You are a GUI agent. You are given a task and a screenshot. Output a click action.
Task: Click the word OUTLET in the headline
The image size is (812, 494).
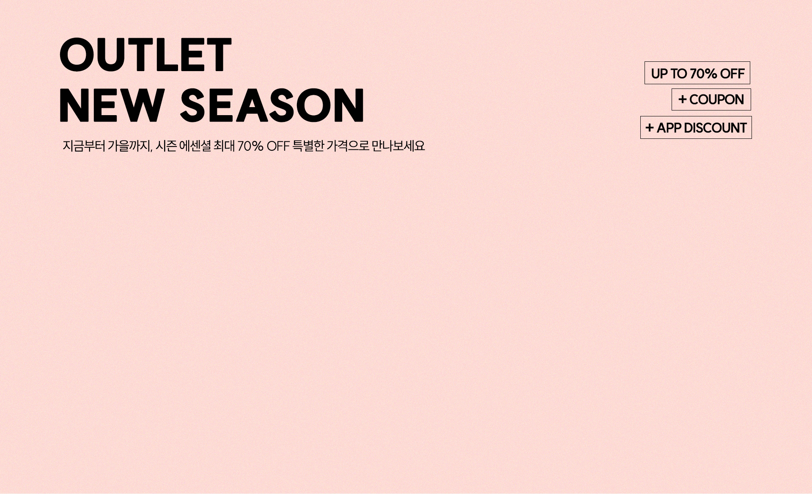click(146, 55)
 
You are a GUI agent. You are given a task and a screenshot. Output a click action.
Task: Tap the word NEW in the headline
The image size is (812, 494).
click(112, 105)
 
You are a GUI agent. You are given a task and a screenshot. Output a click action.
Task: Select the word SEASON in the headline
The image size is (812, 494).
click(272, 105)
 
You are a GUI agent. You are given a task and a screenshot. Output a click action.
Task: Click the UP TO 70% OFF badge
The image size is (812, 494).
click(697, 73)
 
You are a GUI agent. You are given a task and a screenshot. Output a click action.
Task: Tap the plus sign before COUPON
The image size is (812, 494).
click(682, 99)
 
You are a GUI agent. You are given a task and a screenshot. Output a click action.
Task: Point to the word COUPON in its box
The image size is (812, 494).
click(716, 99)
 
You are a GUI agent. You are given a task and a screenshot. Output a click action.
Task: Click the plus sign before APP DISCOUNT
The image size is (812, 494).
click(650, 127)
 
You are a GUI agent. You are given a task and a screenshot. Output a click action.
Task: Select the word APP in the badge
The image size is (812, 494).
click(669, 128)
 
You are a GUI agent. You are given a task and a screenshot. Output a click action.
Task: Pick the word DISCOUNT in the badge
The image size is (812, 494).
click(715, 128)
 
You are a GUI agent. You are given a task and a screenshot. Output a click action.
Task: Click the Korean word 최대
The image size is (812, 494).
click(224, 146)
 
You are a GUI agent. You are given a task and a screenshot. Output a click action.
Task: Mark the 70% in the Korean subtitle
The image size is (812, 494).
click(250, 146)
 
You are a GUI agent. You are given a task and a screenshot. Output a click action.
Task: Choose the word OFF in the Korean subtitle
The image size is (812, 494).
click(278, 146)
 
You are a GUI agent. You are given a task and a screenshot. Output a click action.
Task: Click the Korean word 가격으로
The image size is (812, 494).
click(348, 146)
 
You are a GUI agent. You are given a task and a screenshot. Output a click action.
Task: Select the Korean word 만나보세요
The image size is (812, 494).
click(398, 146)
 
